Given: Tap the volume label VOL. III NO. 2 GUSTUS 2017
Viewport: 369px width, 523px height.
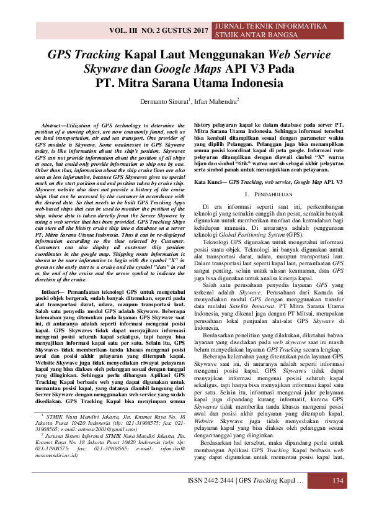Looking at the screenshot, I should [158, 30].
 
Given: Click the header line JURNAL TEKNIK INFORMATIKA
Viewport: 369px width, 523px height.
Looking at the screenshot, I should [270, 27].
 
